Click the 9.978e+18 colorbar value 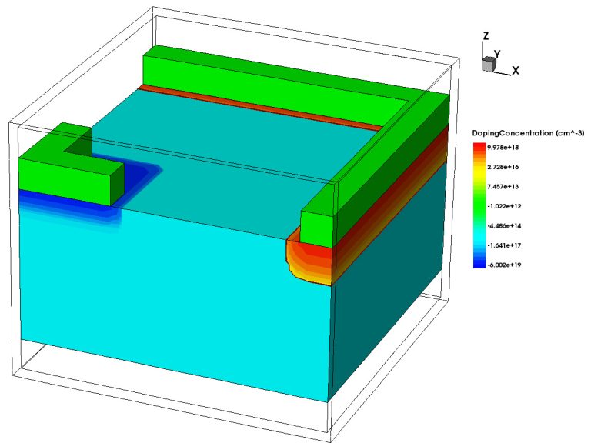[503, 148]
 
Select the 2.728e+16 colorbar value [503, 167]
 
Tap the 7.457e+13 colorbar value [503, 186]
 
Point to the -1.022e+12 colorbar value [504, 206]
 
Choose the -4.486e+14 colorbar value [504, 225]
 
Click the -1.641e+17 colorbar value [504, 245]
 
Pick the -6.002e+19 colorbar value [504, 265]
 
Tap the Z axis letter [486, 36]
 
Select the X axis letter [516, 70]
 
